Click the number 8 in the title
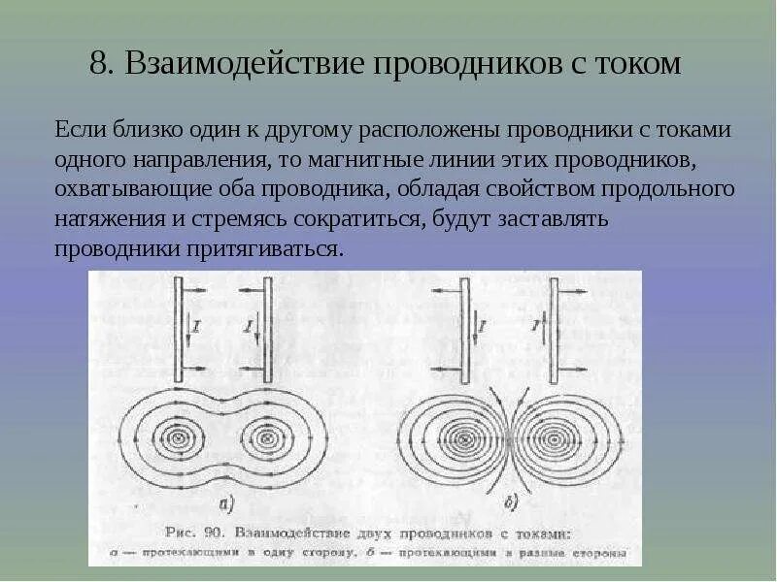[x=98, y=65]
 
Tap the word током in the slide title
[x=634, y=65]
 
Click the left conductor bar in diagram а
[x=179, y=330]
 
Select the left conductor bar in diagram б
[x=465, y=330]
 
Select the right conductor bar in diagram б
[x=553, y=330]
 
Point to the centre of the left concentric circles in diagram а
[x=178, y=438]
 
